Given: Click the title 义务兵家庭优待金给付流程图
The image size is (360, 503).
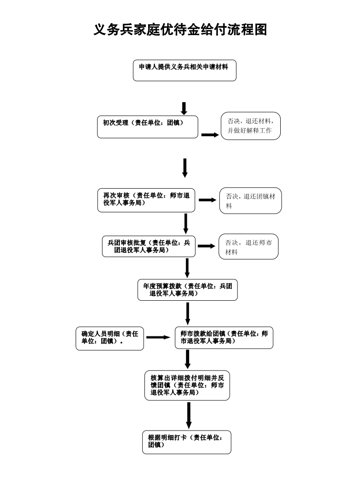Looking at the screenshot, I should point(180,30).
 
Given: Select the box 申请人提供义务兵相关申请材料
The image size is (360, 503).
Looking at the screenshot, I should point(185,70).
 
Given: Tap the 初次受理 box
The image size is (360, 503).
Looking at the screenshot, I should point(148,127).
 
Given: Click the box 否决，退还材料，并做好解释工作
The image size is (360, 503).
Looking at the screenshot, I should point(251,126).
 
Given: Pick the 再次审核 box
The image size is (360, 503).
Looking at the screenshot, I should point(146,200).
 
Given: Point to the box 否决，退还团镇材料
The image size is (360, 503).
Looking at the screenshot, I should point(251,201).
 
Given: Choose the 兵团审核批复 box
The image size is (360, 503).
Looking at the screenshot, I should point(149,246).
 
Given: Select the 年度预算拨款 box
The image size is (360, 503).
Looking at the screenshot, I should point(187,290).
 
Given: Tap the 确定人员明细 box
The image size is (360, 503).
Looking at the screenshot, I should point(110,338).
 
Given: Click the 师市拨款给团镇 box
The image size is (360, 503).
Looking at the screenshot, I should point(224,338).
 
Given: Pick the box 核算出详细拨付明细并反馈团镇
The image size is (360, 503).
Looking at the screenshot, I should point(187,386).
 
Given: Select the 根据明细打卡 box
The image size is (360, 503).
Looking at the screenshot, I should point(186,441).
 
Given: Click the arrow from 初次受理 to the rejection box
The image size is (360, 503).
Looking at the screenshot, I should point(210,135).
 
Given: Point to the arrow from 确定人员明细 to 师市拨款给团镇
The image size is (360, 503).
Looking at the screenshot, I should point(158,338).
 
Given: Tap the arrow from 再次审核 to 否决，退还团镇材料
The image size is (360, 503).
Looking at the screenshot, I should point(207,200).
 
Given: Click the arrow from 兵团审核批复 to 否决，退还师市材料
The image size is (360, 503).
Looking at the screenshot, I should point(206,246).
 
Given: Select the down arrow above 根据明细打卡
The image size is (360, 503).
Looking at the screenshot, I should point(189,415).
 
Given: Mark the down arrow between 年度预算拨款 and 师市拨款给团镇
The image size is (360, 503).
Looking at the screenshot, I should point(188,313).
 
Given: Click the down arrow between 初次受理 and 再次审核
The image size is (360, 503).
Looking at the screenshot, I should point(185,168).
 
